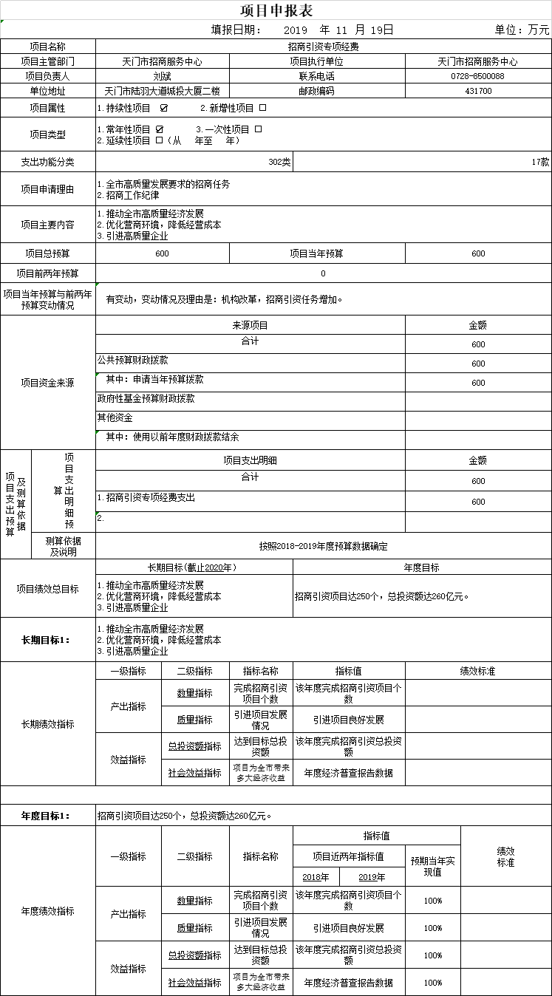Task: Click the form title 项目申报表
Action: (x=276, y=10)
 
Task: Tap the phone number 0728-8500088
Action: (x=477, y=76)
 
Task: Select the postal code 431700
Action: (x=478, y=92)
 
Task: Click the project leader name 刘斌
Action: (x=162, y=76)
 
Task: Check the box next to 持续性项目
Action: (x=163, y=108)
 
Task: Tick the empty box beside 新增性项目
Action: (x=262, y=108)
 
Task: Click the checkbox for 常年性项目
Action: (x=160, y=129)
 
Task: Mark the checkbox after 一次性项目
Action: (x=258, y=129)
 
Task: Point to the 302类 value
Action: (x=279, y=162)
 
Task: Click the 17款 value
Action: (x=539, y=162)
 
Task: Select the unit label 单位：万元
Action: (x=522, y=30)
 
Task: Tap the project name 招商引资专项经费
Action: (x=323, y=47)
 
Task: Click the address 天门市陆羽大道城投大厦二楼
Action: (x=162, y=92)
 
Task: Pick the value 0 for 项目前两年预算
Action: (x=323, y=273)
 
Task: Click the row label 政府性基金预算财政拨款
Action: (x=146, y=398)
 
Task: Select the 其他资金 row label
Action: (x=115, y=417)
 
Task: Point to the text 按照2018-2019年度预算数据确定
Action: (x=323, y=547)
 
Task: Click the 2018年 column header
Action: (x=316, y=877)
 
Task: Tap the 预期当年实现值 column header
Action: (x=433, y=867)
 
